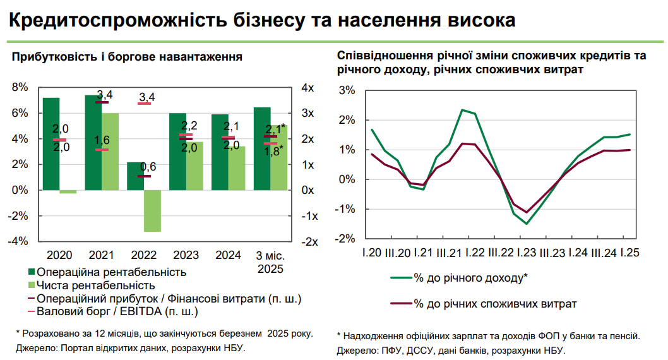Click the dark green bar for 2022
[135, 176]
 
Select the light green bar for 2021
[110, 152]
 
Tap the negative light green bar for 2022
[152, 210]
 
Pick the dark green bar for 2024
[220, 152]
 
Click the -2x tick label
[309, 241]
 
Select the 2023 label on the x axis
[186, 256]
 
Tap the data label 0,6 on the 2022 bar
[148, 167]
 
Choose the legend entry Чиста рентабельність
[96, 285]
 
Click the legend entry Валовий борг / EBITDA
[117, 311]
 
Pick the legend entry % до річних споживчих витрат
[495, 303]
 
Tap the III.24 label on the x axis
[603, 253]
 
